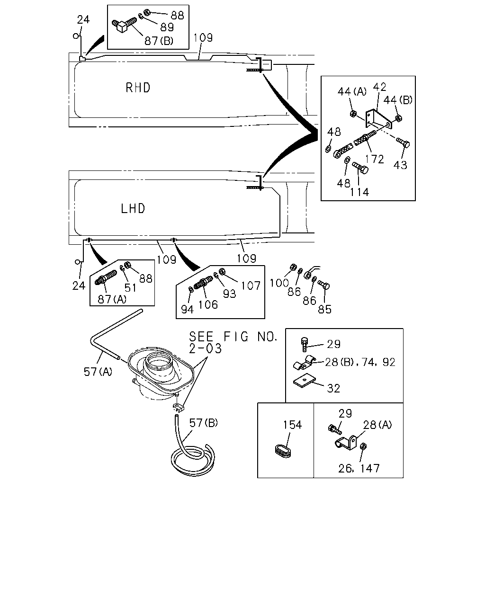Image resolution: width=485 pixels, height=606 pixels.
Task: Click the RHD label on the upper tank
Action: [138, 88]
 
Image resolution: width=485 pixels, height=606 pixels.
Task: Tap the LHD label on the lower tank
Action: [133, 209]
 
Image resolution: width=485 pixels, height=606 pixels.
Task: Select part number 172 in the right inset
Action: [375, 160]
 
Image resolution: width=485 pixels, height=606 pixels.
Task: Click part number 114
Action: [359, 192]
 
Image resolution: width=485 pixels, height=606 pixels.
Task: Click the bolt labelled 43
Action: [403, 142]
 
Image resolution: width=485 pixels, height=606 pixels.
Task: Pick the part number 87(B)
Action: [159, 41]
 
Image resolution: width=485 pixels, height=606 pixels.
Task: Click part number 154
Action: [292, 425]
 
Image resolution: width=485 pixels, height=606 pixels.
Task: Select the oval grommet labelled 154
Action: [283, 451]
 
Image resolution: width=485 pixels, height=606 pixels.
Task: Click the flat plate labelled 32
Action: [304, 381]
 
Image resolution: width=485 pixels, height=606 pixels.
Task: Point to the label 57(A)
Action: [98, 372]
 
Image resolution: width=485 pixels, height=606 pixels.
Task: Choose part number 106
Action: [208, 305]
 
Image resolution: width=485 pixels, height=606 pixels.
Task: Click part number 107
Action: [251, 286]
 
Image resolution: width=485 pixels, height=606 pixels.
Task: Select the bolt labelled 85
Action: [324, 285]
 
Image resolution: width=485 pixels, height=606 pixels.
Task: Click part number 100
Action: [279, 283]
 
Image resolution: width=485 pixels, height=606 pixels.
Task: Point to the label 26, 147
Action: [359, 468]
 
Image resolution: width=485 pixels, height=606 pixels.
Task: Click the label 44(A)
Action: [352, 91]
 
